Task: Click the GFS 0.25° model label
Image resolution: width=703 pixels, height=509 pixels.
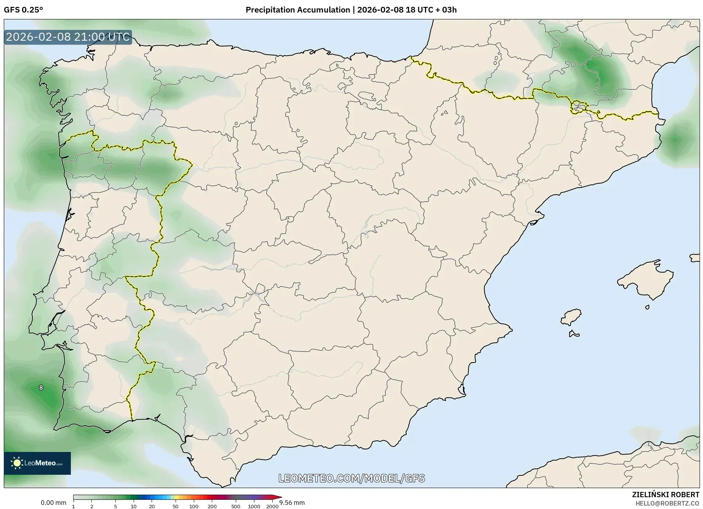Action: point(23,10)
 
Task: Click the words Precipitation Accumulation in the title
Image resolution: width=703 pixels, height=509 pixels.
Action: point(297,10)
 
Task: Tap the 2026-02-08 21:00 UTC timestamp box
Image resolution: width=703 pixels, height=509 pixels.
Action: point(68,37)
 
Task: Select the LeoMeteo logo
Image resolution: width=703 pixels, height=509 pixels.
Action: point(37,463)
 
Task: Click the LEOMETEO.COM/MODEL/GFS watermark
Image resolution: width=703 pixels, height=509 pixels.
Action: point(351,478)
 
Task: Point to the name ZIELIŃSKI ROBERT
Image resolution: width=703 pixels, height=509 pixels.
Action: point(666,495)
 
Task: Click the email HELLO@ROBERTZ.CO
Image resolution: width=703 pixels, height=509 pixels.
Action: point(667,503)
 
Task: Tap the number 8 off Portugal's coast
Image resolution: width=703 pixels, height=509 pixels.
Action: point(41,388)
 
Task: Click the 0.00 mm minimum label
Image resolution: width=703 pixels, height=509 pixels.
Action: point(53,503)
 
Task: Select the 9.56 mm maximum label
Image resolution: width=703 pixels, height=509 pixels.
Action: point(292,503)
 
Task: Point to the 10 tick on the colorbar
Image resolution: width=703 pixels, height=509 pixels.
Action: point(133,506)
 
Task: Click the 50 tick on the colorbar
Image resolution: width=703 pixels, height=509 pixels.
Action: point(175,506)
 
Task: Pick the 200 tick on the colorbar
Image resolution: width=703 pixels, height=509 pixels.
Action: point(212,506)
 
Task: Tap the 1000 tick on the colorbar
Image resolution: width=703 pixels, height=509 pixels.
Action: point(254,506)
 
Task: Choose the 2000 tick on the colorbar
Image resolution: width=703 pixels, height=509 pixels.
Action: point(272,506)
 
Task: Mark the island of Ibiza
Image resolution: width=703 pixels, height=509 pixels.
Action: point(571,317)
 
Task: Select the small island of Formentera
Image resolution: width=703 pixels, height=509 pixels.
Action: point(574,334)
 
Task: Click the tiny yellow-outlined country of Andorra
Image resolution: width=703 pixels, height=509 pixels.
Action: point(578,107)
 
